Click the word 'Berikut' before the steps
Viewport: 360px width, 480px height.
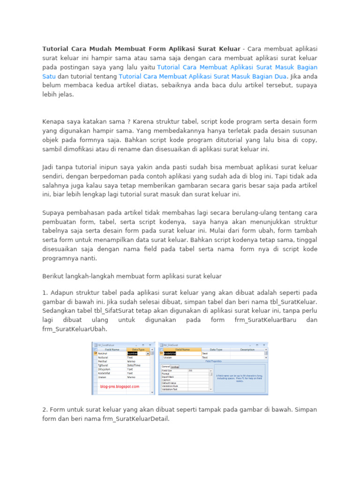[54, 276]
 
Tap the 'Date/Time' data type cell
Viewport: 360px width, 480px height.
[135, 365]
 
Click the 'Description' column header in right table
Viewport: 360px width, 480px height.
[247, 350]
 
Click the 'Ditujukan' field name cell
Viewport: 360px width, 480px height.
[104, 369]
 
